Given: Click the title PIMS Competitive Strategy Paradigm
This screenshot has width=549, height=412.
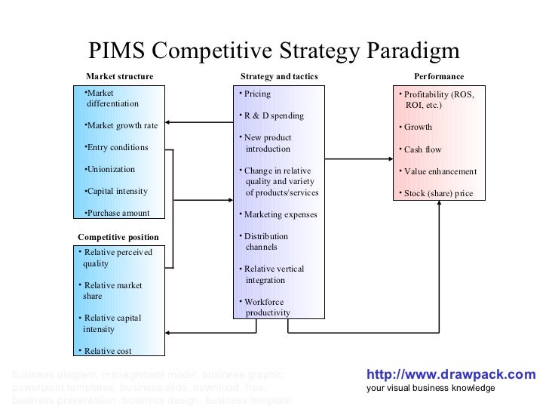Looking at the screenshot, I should [x=274, y=51].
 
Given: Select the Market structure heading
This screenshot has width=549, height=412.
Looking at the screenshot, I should [x=119, y=77].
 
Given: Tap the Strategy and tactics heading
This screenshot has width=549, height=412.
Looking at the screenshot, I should [x=279, y=77].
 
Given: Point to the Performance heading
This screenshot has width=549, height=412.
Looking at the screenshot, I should [x=439, y=77].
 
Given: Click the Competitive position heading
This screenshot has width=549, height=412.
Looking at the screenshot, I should [x=118, y=238].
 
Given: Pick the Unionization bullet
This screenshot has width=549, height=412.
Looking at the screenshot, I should [x=110, y=170].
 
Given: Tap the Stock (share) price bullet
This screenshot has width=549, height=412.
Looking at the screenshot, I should [x=437, y=194].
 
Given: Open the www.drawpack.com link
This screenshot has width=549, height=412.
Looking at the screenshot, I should [x=451, y=374].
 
